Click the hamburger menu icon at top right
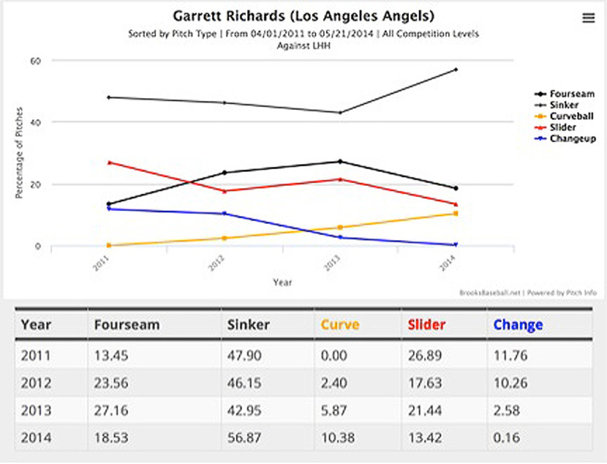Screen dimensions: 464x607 (x=588, y=18)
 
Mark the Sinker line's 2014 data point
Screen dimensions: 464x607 (x=456, y=69)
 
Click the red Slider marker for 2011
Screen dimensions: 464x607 (x=109, y=163)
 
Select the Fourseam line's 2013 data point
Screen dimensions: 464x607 (x=340, y=162)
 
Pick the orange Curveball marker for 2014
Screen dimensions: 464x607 (x=456, y=213)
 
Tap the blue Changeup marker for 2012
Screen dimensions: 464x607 (x=225, y=213)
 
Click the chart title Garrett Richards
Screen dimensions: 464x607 (x=303, y=16)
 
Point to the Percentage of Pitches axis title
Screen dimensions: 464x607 (x=19, y=152)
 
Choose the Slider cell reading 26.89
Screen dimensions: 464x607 (x=425, y=356)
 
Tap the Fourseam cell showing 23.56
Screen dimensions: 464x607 (x=111, y=383)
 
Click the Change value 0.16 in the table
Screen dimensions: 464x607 (x=510, y=437)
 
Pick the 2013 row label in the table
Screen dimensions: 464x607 (x=35, y=410)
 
